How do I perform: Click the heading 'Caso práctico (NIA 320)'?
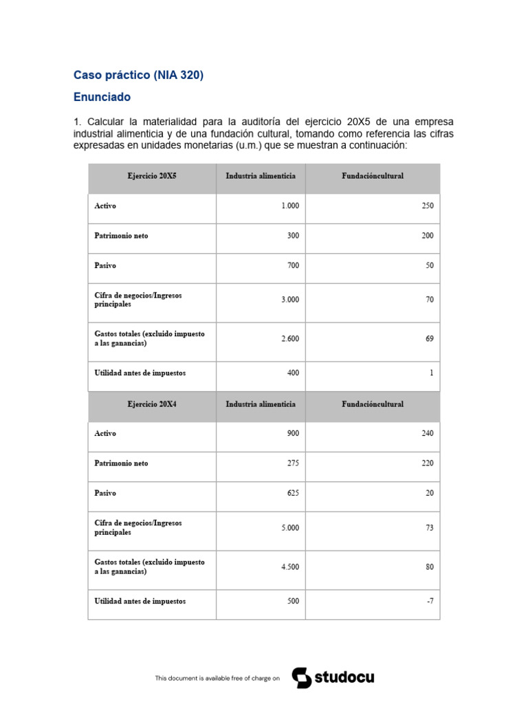[x=138, y=76]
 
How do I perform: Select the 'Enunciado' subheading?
[x=102, y=98]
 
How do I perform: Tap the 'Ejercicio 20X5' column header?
[x=151, y=176]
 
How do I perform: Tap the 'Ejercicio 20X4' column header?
[x=151, y=404]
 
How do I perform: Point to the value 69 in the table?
[x=429, y=338]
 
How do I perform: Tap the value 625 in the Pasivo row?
[x=293, y=493]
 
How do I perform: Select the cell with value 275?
[x=293, y=463]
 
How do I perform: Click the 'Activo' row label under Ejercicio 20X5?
[x=105, y=206]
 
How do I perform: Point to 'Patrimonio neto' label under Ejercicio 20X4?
[x=120, y=463]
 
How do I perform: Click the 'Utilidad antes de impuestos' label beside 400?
[x=140, y=373]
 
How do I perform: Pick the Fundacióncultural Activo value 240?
[x=428, y=434]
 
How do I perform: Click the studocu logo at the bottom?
[x=333, y=678]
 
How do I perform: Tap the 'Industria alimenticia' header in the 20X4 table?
[x=261, y=404]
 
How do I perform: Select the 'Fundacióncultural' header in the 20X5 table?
[x=373, y=176]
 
